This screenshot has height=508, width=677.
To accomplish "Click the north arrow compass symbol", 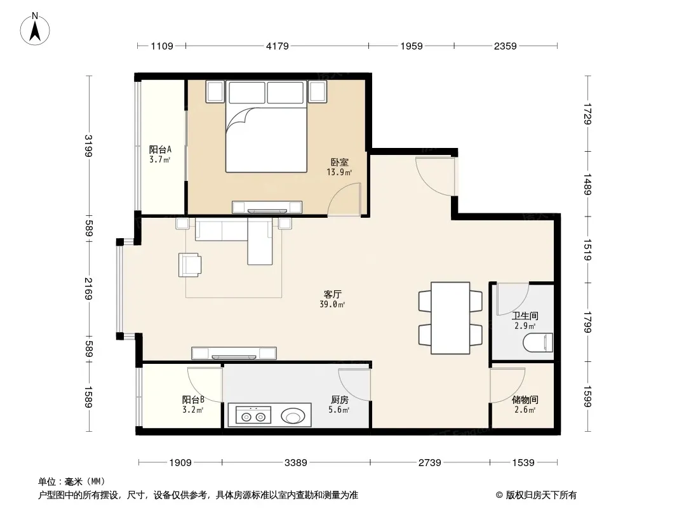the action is coord(35,29).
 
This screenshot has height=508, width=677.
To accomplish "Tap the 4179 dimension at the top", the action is coord(277,46).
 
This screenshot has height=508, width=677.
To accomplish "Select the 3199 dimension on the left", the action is coord(88,146).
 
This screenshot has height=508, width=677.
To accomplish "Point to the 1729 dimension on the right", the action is coord(587,114).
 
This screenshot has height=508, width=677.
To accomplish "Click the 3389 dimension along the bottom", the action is coord(296,463).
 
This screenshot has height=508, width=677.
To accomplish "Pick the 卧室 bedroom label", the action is coord(339,163).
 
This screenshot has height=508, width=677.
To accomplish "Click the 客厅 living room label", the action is coord(332,295).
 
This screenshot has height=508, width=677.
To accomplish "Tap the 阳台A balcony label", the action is coord(160,149).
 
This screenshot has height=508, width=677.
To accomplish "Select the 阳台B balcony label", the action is coord(193,399).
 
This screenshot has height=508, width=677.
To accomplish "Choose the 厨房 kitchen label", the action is coord(339,399).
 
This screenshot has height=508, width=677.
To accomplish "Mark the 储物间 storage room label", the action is coord(525,399).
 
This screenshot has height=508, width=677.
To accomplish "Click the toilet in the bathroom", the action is coord(538,343).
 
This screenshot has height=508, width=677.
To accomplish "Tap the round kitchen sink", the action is coord(293,417).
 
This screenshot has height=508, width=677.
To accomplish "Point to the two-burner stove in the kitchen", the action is coord(253,415).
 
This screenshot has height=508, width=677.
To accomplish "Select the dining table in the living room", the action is coord(450,318).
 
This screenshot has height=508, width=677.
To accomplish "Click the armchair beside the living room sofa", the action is coord(189,265).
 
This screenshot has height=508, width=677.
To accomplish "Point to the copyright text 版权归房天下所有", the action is coord(541,495).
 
